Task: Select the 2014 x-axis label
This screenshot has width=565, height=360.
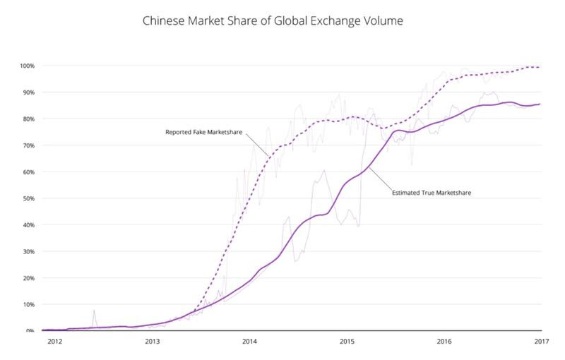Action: (249, 342)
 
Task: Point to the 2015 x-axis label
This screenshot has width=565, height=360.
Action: (347, 342)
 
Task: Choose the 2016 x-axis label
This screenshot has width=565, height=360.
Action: (444, 342)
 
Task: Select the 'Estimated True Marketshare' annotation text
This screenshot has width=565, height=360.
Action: (430, 191)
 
